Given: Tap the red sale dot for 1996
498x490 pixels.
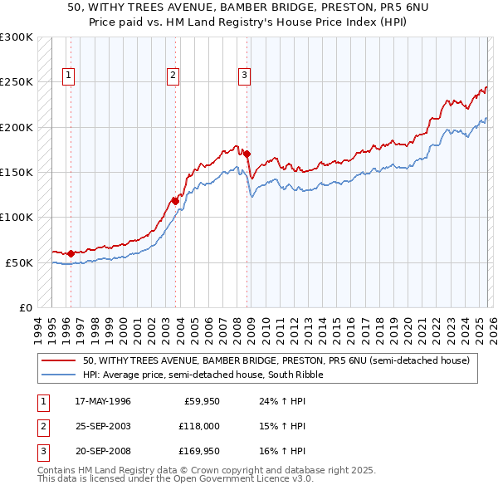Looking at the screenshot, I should [71, 253].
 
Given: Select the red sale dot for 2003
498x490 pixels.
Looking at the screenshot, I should [175, 200].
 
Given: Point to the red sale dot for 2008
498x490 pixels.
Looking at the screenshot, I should [247, 154].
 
